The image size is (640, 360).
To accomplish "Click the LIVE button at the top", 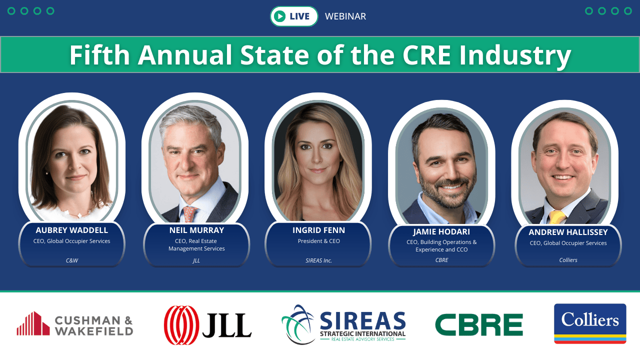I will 294,16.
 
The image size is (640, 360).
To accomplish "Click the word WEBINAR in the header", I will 345,16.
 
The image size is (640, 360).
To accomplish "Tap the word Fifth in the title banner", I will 100,55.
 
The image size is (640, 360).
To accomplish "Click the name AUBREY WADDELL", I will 72,230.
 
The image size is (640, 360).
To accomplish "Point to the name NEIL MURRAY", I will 196,230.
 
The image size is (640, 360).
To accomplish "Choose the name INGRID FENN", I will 318,230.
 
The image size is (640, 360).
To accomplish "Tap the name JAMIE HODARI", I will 441,232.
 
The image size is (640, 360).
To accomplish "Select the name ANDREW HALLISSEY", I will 568,232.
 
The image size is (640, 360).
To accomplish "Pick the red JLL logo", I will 207,325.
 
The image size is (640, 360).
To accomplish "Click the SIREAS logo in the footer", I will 343,325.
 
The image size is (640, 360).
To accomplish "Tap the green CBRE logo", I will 478,325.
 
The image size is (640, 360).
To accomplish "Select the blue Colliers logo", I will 590,323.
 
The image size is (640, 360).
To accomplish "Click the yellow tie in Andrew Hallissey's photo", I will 557,216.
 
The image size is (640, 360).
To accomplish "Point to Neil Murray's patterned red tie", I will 190,214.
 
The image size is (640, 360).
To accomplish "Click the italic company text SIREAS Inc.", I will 318,260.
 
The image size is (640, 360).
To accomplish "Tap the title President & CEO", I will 318,241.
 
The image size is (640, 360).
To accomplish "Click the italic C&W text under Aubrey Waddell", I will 72,260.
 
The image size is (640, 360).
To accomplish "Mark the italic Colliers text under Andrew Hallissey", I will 568,260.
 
